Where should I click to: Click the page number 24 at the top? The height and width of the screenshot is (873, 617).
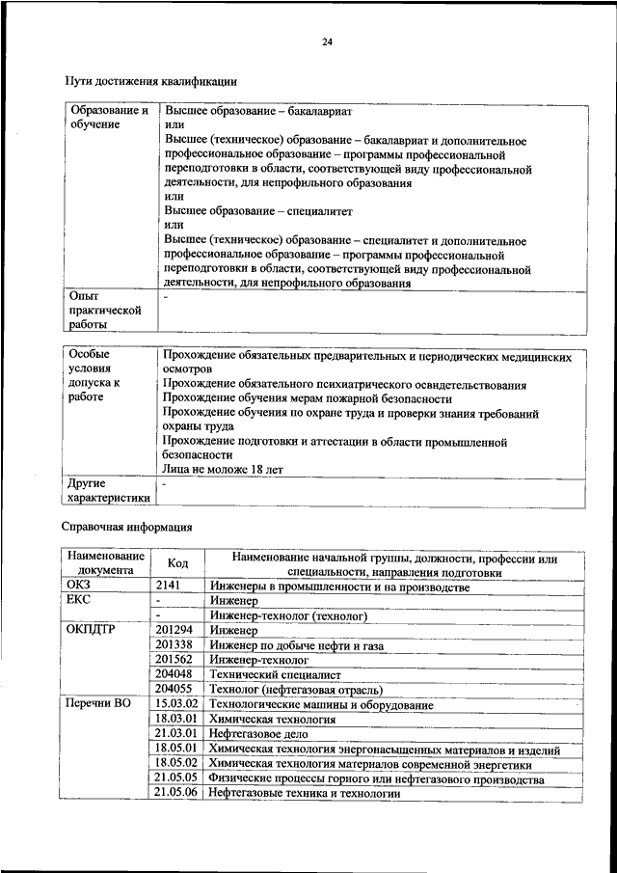point(328,41)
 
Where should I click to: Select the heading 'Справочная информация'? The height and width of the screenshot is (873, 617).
point(127,527)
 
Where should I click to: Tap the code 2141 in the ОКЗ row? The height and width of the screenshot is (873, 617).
point(168,587)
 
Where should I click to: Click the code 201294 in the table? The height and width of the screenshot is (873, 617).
point(174,629)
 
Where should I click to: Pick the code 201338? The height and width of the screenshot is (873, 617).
point(174,643)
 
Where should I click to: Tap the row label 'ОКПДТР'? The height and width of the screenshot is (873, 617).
point(93,629)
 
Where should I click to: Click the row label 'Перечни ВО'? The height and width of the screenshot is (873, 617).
point(98,704)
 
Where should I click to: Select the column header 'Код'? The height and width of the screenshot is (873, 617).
point(177,563)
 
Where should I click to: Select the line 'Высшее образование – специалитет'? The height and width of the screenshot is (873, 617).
point(258,209)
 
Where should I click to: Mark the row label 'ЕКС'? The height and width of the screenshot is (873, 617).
point(78,600)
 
